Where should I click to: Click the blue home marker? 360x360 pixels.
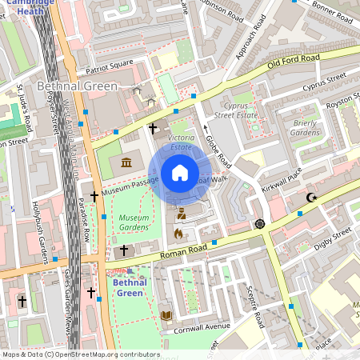tap(180, 173)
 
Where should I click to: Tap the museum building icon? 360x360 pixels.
tap(127, 163)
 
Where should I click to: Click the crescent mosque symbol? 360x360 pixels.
tap(312, 197)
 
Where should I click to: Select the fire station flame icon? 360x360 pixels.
tap(178, 234)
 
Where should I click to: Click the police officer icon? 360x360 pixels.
tap(181, 213)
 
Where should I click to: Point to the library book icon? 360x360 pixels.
tap(166, 316)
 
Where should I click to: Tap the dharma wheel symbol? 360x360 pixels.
tap(259, 223)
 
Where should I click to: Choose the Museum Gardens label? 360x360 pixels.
tap(134, 222)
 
